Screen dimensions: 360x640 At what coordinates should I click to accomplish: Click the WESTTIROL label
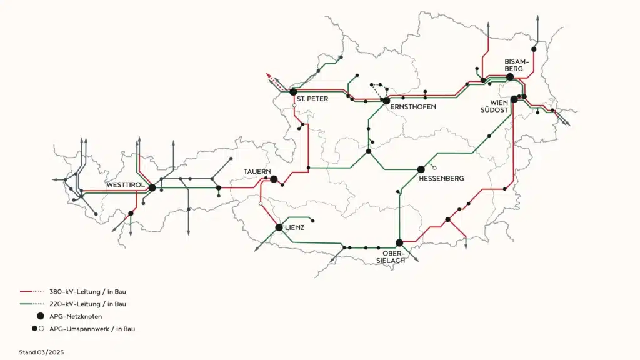(x=126, y=186)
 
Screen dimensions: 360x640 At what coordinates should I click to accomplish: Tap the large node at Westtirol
(x=152, y=187)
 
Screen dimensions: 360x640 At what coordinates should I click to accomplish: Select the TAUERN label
(x=256, y=171)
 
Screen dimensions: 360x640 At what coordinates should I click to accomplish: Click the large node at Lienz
(x=279, y=227)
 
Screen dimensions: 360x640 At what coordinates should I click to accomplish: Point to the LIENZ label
(x=294, y=228)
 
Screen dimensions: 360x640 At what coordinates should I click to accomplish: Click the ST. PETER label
(x=312, y=99)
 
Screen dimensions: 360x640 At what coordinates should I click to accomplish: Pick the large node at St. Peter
(x=293, y=92)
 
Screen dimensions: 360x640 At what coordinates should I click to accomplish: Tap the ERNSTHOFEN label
(x=412, y=107)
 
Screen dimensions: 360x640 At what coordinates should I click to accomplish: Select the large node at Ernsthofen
(x=386, y=101)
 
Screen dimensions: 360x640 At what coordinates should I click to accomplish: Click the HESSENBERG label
(x=441, y=179)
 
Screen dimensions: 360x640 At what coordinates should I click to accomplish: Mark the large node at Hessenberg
(x=421, y=169)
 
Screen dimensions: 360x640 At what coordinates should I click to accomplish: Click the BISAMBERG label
(x=517, y=65)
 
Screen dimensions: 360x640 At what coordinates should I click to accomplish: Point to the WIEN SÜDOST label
(x=494, y=106)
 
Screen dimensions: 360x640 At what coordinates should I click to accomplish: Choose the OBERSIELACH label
(x=394, y=257)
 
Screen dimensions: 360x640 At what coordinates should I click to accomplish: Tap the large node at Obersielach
(x=399, y=242)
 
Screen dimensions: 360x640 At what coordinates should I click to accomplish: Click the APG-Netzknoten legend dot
(x=41, y=316)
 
